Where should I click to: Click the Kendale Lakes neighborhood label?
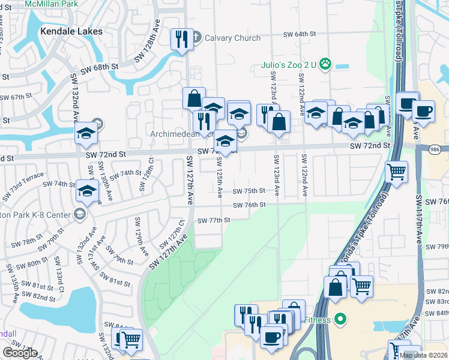click(x=71, y=31)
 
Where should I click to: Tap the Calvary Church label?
click(x=232, y=38)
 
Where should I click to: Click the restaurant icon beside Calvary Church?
click(x=180, y=39)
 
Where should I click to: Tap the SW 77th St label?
click(x=214, y=220)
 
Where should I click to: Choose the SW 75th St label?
click(x=249, y=191)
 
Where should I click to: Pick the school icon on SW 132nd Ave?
click(x=86, y=134)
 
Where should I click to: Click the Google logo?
click(x=20, y=353)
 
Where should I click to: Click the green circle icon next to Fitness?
click(x=340, y=319)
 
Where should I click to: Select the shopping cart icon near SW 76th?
click(x=396, y=172)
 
